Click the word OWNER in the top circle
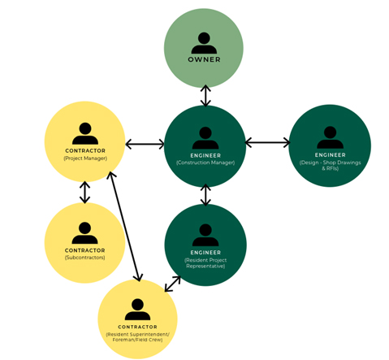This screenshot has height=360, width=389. coord(204,59)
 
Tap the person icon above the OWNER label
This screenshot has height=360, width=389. coord(204,43)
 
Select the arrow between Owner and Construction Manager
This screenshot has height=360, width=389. coord(205,96)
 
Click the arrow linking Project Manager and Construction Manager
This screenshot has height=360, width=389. coord(145,144)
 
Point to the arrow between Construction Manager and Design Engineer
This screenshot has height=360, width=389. coord(267,142)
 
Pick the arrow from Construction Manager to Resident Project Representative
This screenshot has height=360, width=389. coord(205,195)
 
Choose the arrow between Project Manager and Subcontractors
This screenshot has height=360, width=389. coord(85,192)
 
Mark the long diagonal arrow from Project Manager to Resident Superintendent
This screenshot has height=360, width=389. coord(124,226)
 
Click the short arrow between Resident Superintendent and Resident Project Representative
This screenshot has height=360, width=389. coord(172,284)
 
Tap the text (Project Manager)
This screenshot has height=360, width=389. coord(85,158)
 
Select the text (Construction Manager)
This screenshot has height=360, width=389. coord(205,163)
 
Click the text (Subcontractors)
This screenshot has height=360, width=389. coord(84,258)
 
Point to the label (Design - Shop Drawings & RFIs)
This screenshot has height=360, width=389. coord(330,165)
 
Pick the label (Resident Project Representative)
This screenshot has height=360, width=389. coord(205,263)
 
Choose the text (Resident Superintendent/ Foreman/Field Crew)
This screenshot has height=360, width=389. coord(137,337)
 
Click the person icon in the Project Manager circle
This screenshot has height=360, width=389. coord(85,133)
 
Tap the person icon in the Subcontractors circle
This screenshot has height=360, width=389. coord(84,233)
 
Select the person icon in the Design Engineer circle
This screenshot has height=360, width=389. coord(330,137)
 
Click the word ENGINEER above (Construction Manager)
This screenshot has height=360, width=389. coord(205,155)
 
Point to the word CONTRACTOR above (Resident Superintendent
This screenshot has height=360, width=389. coord(137,327)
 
